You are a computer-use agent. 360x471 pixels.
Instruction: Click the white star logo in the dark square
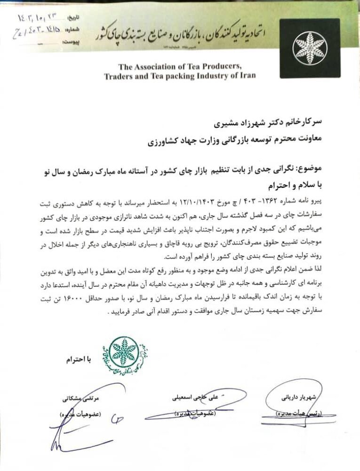309,48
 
